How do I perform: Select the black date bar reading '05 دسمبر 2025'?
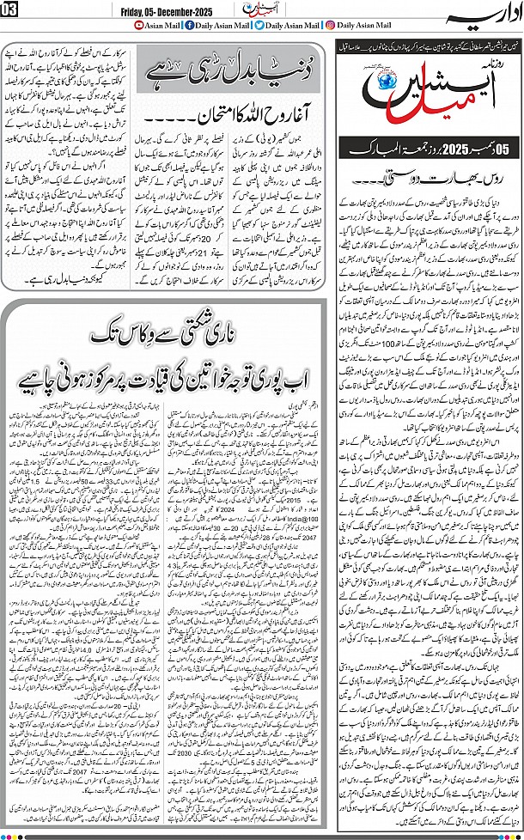(x=427, y=149)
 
